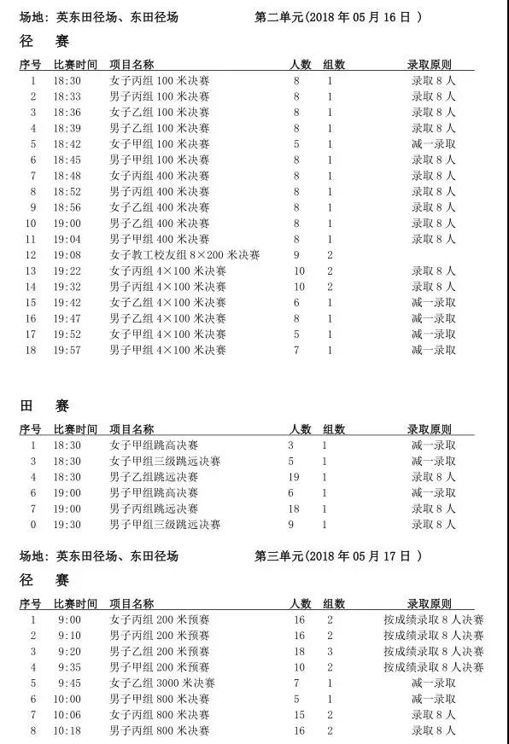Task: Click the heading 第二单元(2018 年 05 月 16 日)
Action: (x=339, y=16)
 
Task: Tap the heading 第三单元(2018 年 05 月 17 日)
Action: (x=339, y=555)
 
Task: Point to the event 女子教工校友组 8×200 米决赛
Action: (x=184, y=255)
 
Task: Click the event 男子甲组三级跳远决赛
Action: (x=165, y=525)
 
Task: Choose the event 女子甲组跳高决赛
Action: (x=154, y=445)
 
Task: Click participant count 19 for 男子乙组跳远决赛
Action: (x=294, y=477)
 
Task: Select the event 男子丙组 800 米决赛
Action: (x=160, y=730)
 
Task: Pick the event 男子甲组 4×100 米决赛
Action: (x=168, y=350)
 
